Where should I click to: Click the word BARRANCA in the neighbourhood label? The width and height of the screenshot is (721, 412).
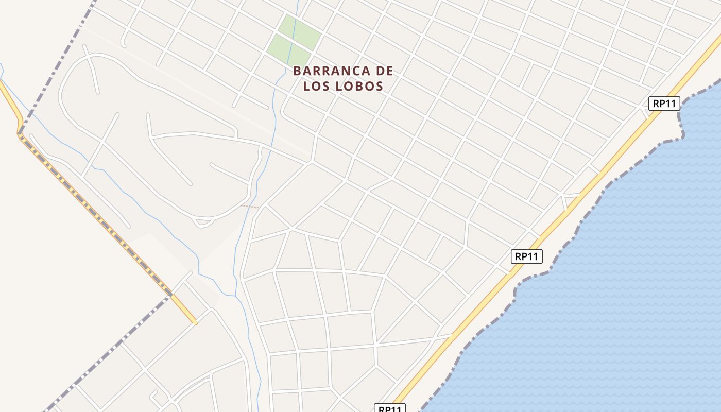click(x=331, y=71)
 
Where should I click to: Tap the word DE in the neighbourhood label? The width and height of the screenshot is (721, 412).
click(x=384, y=71)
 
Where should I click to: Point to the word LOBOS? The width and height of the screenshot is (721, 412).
click(x=360, y=86)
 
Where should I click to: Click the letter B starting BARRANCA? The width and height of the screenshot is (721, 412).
click(x=297, y=71)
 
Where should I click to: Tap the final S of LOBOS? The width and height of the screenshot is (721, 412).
click(x=380, y=86)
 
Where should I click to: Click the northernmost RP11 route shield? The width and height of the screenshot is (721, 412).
click(x=664, y=104)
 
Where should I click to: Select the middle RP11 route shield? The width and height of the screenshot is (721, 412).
click(x=527, y=256)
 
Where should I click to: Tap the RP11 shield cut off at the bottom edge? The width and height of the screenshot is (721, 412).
click(x=390, y=408)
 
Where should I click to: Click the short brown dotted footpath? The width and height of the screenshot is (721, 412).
click(x=250, y=207)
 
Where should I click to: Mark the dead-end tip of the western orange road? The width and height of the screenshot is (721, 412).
click(x=195, y=323)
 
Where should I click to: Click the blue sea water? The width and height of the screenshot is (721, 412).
click(x=618, y=283)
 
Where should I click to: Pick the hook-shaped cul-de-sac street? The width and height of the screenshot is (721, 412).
click(x=153, y=397)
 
